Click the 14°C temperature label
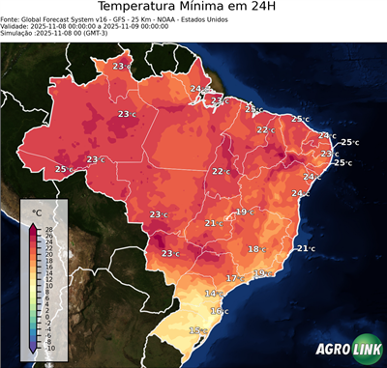click(x=213, y=293)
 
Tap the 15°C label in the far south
click(x=197, y=330)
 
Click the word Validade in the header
click(x=17, y=28)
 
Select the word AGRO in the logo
click(x=334, y=350)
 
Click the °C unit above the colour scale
click(x=36, y=211)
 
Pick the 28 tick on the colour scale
click(x=48, y=229)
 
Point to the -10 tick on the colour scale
click(x=48, y=348)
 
